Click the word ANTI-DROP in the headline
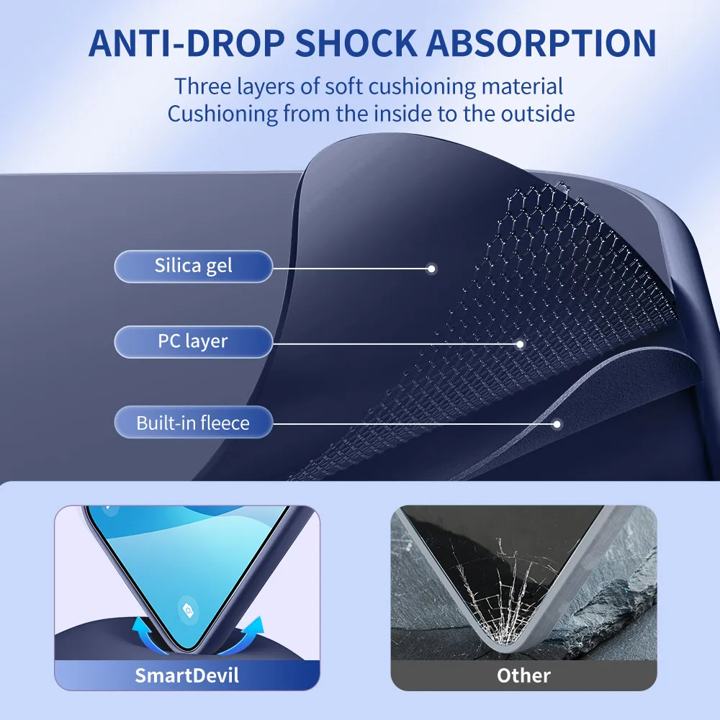187,44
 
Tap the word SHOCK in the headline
356,44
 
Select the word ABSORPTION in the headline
541,44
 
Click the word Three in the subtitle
202,86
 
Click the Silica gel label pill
193,266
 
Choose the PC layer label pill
193,341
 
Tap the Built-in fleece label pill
193,422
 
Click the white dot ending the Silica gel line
431,269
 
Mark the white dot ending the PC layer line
520,344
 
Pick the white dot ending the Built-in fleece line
557,424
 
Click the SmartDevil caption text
187,675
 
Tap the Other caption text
523,675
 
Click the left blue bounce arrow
146,634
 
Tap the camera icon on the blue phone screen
188,611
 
